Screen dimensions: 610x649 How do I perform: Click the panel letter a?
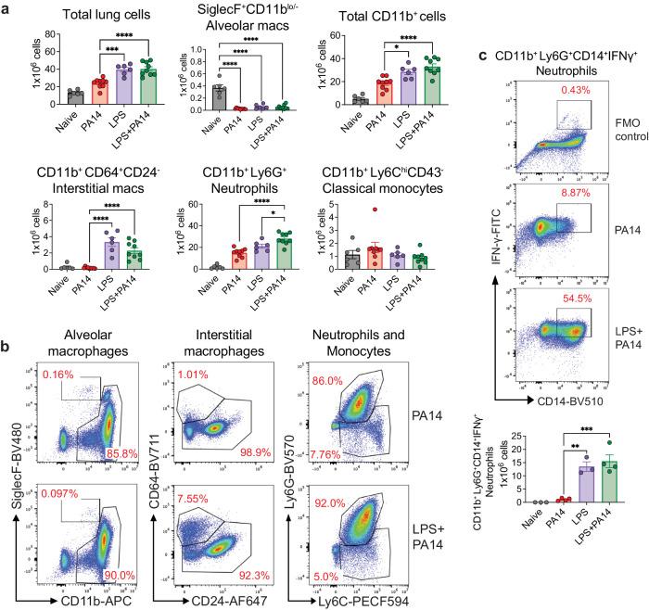(x=7, y=8)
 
